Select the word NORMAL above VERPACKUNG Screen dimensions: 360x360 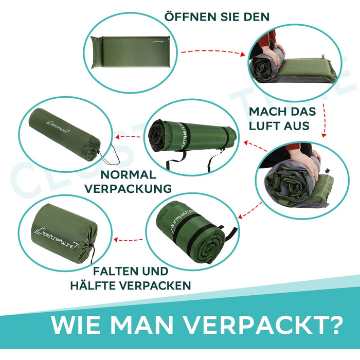point(129,175)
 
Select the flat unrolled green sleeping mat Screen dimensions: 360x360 point(131,52)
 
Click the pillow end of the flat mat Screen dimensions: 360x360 point(96,52)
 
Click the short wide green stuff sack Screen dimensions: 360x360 point(65,233)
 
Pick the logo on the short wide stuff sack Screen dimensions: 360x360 point(56,238)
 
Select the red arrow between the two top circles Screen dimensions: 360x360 point(213,52)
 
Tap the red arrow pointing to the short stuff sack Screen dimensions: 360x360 point(128,240)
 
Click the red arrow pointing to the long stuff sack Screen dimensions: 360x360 point(128,137)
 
